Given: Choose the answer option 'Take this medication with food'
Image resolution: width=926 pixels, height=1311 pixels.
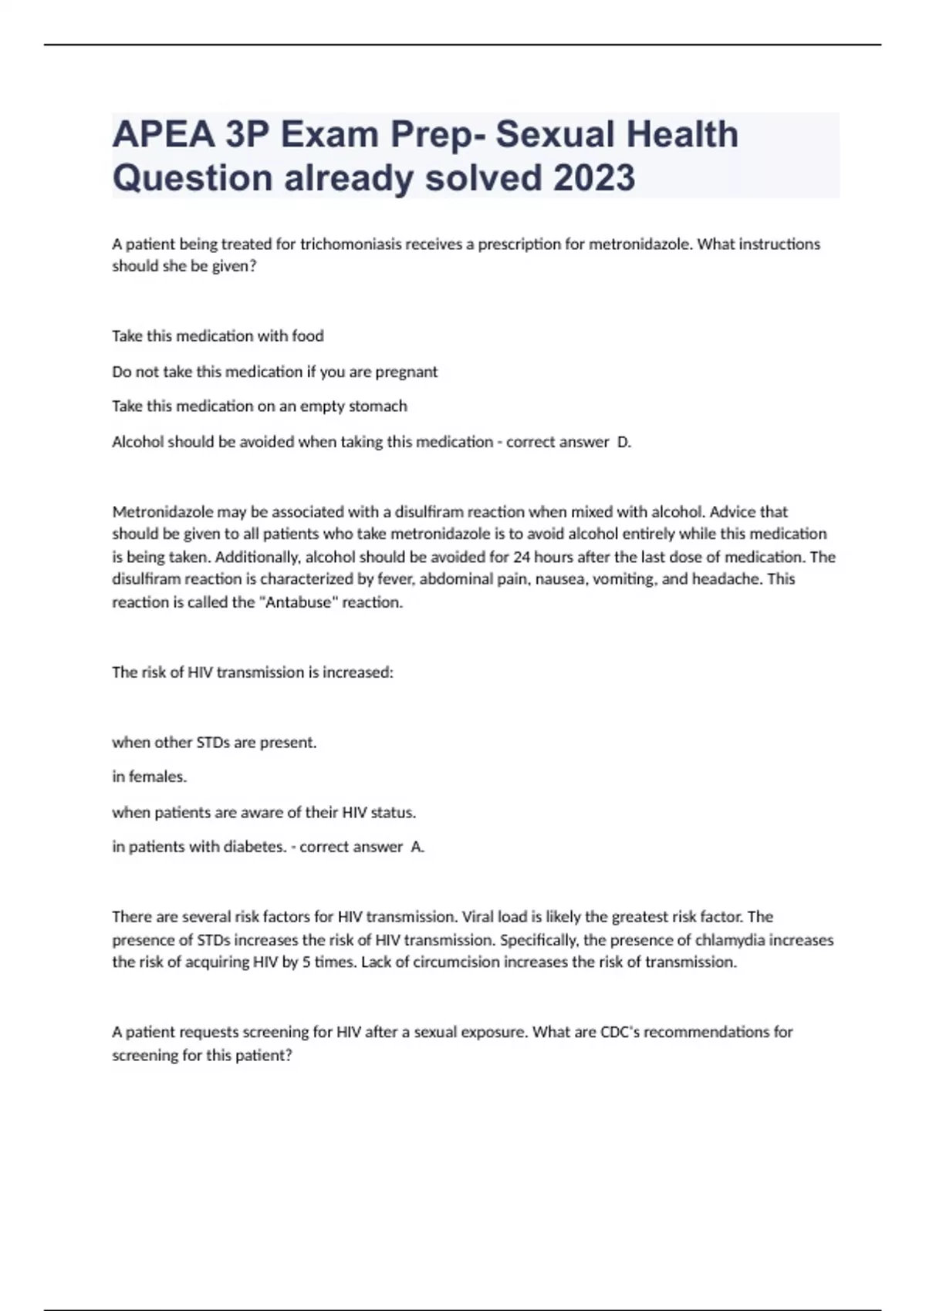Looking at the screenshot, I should [218, 336].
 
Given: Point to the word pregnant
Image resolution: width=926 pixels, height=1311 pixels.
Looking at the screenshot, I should [406, 372].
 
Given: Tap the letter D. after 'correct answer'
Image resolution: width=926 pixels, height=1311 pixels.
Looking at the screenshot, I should [624, 442].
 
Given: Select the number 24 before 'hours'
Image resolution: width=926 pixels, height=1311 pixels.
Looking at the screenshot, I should [521, 557].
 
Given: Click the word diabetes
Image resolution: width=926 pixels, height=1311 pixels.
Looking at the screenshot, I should [255, 847].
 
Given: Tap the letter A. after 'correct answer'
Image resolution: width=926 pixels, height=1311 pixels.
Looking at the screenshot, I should [417, 847].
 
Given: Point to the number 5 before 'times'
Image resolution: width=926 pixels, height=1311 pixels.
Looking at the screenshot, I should [307, 962].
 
